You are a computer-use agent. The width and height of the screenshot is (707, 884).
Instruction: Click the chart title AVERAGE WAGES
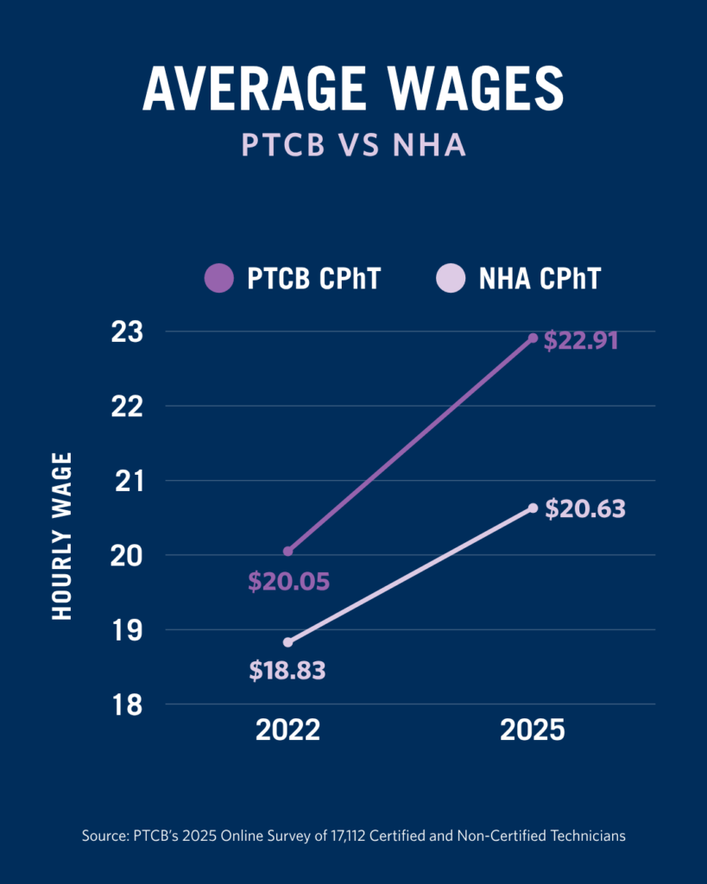(353, 88)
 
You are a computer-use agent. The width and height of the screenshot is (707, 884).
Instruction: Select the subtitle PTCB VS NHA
(353, 144)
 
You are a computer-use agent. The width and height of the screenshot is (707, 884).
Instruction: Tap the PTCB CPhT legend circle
(218, 279)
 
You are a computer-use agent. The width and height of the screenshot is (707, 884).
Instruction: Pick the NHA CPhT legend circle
(451, 279)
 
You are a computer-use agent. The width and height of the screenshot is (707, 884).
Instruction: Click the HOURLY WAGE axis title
(62, 535)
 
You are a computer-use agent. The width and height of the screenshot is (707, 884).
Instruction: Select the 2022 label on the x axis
(287, 731)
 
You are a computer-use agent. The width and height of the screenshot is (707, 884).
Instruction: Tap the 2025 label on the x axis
(533, 731)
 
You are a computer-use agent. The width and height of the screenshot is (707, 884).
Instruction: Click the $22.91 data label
(581, 340)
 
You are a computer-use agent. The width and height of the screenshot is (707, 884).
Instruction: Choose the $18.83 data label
(287, 671)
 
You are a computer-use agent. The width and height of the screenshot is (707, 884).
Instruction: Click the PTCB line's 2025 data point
(533, 338)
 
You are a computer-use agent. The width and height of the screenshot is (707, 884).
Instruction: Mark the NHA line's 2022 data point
(287, 642)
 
